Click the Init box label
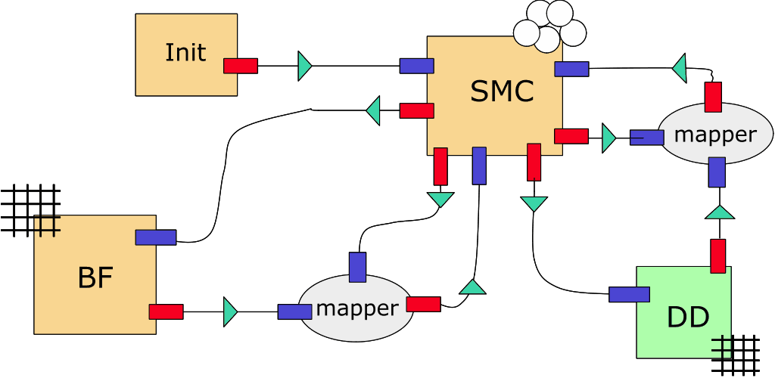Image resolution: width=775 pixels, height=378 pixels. (x=185, y=53)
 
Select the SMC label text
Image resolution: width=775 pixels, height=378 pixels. (x=502, y=92)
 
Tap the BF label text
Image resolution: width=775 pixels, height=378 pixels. (x=95, y=278)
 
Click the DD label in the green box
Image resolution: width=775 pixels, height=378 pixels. (x=688, y=318)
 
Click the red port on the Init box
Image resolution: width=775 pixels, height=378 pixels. (x=241, y=66)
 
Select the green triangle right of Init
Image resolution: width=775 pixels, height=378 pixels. (x=304, y=66)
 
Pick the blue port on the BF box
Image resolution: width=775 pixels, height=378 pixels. (x=156, y=237)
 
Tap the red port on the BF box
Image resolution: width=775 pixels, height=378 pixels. (x=166, y=311)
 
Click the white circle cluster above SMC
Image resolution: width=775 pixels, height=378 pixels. (x=550, y=26)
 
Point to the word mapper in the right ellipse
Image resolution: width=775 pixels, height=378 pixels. (x=714, y=135)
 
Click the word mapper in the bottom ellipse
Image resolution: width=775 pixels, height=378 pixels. (x=356, y=308)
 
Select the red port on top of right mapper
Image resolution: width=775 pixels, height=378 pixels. (x=713, y=98)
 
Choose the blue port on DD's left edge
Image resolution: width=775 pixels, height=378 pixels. (x=629, y=295)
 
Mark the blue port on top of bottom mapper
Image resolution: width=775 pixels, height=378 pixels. (x=357, y=267)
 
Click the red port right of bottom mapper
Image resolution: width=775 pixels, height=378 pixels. (x=423, y=304)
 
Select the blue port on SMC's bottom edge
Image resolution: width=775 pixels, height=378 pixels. (x=479, y=166)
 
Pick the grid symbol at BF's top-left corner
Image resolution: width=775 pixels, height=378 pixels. (x=30, y=210)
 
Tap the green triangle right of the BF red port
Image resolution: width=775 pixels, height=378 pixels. (x=231, y=311)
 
